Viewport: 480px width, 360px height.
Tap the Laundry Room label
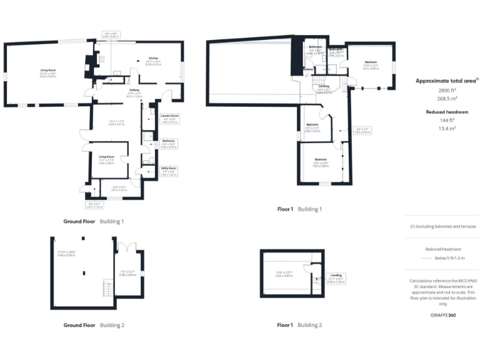point(169,116)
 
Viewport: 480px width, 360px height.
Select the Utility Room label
point(169,167)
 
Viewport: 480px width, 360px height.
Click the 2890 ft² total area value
point(442,91)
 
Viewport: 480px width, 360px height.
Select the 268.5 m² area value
point(442,99)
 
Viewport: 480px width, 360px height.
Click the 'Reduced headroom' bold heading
point(442,111)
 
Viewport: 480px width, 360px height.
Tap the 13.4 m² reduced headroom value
point(442,127)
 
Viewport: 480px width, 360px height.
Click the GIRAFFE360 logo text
point(442,314)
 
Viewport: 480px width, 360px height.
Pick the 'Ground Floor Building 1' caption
point(94,221)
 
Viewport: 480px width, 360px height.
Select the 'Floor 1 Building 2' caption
point(300,325)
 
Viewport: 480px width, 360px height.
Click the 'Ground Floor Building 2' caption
point(94,325)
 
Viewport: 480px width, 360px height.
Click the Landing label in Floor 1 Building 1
point(323,87)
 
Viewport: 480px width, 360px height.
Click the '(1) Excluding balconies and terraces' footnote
point(442,226)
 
